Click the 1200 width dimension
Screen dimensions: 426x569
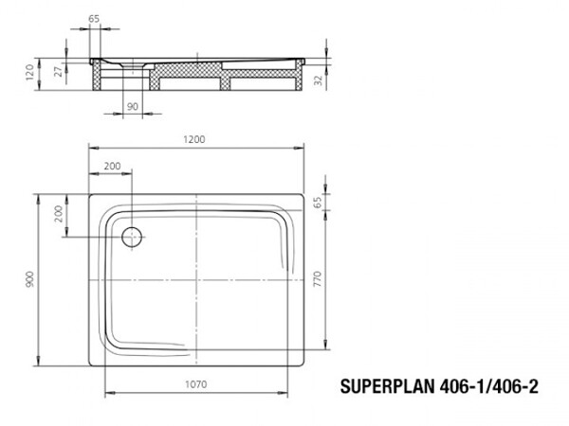pos(195,139)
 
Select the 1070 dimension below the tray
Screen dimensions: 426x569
pos(197,383)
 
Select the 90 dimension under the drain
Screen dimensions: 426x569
pos(132,106)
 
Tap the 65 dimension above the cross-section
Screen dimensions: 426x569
pos(93,18)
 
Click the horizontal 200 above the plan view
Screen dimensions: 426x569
pos(112,166)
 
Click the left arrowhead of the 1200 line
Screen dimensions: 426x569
pos(91,149)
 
